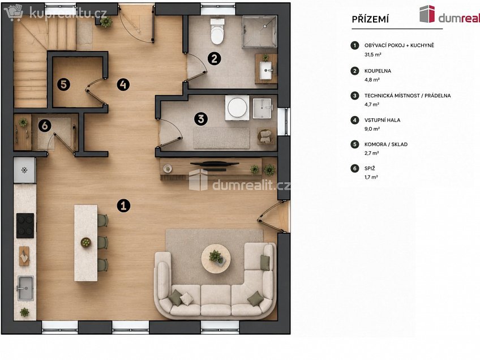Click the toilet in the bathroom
tap(217, 31)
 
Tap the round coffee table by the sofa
tap(216, 259)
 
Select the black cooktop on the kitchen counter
tap(25, 226)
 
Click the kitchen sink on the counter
tap(25, 288)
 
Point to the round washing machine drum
tap(237, 107)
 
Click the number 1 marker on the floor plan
tap(123, 205)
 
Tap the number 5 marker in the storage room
tap(63, 84)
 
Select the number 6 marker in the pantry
tap(45, 126)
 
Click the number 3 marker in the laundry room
tap(201, 118)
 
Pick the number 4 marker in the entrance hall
tap(123, 84)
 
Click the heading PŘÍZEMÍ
tap(370, 19)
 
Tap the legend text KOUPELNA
tap(378, 71)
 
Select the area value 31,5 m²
tap(372, 55)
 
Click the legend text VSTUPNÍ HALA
tap(382, 120)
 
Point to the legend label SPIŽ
tap(370, 168)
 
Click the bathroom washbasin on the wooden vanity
tap(266, 70)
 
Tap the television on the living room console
tap(215, 164)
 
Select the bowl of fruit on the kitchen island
tap(86, 242)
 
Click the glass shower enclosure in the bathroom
tap(260, 32)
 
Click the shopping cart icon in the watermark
tap(14, 12)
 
